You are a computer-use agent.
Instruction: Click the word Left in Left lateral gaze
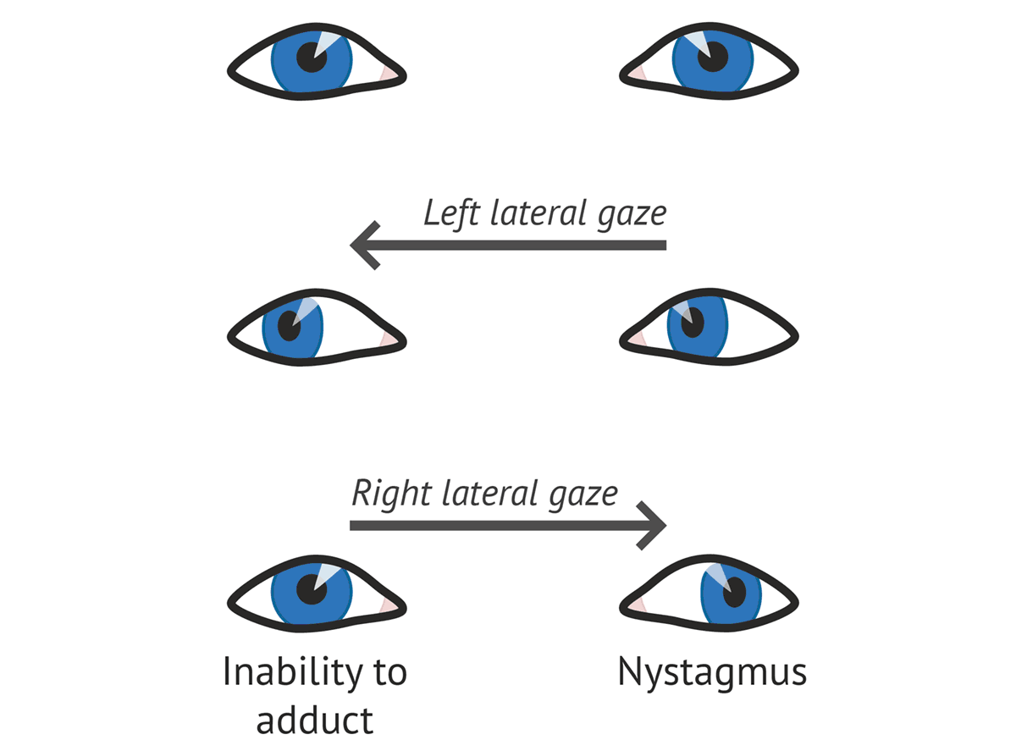coord(453,213)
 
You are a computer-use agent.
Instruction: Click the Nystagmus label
coord(712,672)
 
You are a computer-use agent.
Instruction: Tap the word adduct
coord(314,721)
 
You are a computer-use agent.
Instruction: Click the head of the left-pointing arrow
coord(364,246)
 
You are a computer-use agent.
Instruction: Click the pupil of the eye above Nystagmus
coord(732,592)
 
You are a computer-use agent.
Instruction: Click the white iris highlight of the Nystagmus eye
coord(715,577)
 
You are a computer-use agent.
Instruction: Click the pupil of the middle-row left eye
coord(289,323)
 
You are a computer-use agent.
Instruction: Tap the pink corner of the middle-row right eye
coord(638,338)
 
